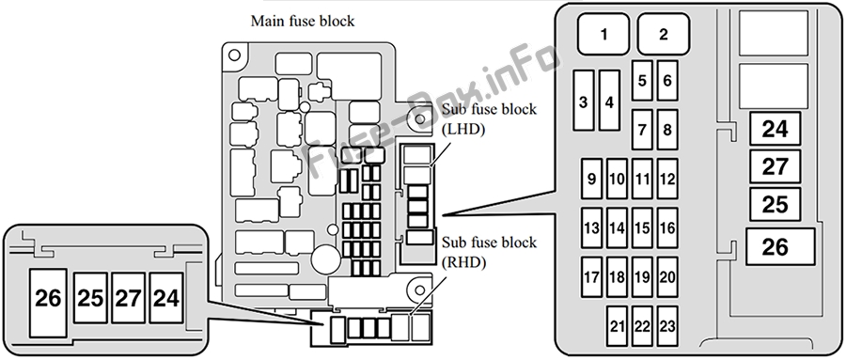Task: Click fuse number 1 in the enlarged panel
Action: pos(603,34)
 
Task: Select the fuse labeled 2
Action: pos(663,34)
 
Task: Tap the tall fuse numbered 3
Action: pos(583,101)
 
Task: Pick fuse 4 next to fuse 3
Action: pos(609,101)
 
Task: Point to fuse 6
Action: pos(667,81)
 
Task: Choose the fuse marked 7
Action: pos(642,130)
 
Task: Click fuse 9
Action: pos(591,179)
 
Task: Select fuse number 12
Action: pos(667,179)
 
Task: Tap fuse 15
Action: pos(642,227)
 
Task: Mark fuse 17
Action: pos(591,277)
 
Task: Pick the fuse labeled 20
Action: pos(667,277)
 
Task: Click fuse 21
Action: pos(617,326)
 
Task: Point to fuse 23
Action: pos(667,326)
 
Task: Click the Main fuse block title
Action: pos(303,21)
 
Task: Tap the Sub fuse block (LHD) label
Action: pos(490,118)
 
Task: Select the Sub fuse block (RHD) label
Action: pos(490,252)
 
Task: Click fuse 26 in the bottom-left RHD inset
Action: pos(48,303)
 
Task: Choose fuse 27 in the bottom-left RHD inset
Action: pos(128,298)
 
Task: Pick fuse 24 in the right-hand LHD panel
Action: pos(775,129)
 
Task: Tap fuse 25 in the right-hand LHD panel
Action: pos(775,204)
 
